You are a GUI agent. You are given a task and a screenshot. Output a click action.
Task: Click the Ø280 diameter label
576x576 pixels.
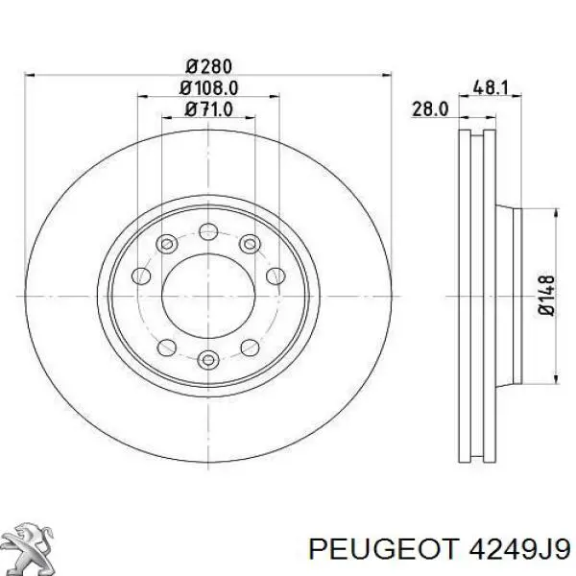(209, 66)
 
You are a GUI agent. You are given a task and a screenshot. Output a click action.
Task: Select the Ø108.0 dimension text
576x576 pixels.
(209, 88)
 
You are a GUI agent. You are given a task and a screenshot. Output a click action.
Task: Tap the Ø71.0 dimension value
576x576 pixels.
(209, 109)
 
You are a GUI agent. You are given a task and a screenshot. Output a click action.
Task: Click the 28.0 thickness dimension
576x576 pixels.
(430, 109)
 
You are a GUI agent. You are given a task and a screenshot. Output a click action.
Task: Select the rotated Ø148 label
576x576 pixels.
(547, 295)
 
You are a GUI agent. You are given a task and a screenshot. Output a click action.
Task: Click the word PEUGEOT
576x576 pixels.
(383, 549)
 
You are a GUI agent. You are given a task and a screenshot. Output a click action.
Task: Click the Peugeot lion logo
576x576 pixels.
(30, 545)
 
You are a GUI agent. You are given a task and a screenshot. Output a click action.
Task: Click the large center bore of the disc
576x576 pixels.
(208, 296)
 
